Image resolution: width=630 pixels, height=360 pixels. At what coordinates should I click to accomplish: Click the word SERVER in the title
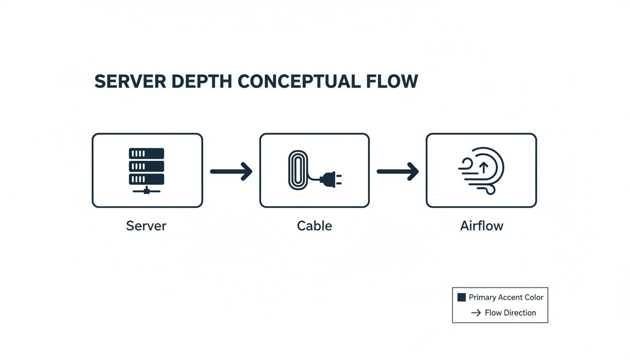pyautogui.click(x=130, y=82)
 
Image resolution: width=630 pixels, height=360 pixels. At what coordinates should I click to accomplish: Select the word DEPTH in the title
pyautogui.click(x=201, y=82)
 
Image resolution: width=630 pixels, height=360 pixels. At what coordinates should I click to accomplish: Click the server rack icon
pyautogui.click(x=147, y=170)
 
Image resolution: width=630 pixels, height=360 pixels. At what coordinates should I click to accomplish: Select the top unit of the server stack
pyautogui.click(x=147, y=153)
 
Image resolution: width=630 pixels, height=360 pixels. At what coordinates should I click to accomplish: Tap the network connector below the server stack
pyautogui.click(x=147, y=190)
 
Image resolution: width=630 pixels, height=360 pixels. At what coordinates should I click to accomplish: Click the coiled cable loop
pyautogui.click(x=296, y=170)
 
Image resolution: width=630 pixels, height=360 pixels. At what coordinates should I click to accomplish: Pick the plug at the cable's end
pyautogui.click(x=331, y=178)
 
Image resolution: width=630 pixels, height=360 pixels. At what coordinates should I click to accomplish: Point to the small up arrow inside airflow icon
pyautogui.click(x=484, y=167)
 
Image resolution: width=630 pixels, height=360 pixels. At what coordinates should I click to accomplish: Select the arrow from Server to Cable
pyautogui.click(x=231, y=172)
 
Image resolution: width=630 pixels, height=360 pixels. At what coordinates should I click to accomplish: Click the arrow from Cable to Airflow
pyautogui.click(x=397, y=172)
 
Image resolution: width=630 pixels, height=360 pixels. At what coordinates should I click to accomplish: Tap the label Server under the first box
pyautogui.click(x=146, y=226)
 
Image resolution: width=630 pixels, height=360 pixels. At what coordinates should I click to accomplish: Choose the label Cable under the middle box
pyautogui.click(x=315, y=226)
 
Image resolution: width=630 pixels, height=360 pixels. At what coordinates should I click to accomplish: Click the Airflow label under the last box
pyautogui.click(x=481, y=226)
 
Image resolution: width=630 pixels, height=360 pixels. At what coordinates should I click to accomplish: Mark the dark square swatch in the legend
pyautogui.click(x=461, y=297)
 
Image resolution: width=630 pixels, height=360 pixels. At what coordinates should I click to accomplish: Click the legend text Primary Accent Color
pyautogui.click(x=506, y=297)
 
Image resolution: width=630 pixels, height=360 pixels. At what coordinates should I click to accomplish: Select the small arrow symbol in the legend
pyautogui.click(x=476, y=313)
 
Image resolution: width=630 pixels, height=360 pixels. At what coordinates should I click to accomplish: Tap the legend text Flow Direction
pyautogui.click(x=510, y=313)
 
